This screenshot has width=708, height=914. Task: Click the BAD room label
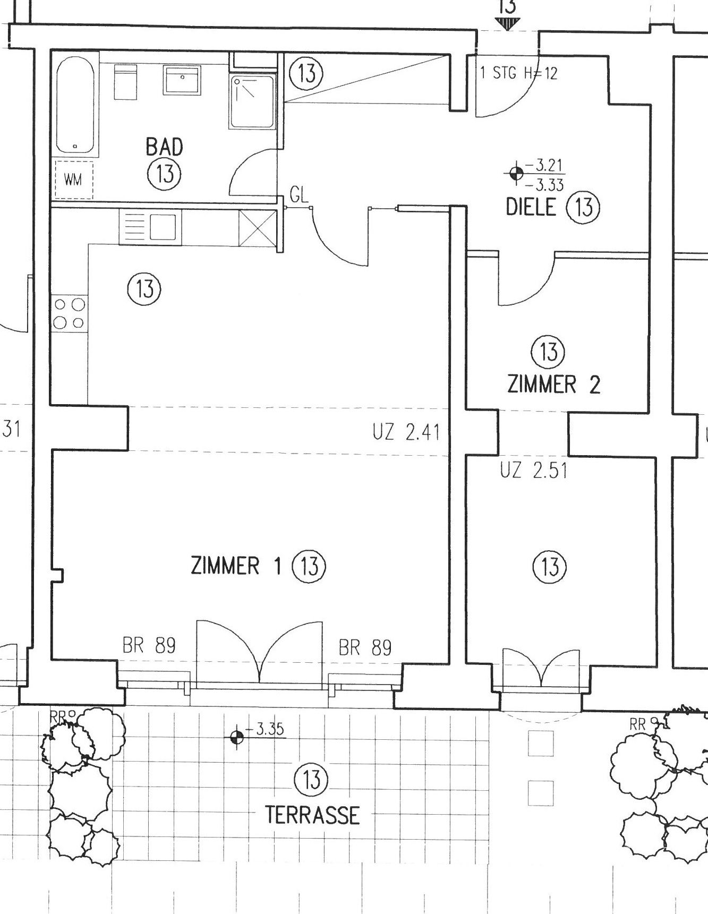click(x=164, y=146)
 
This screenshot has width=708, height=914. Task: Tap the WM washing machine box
click(x=73, y=180)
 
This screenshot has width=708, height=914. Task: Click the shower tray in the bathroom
click(x=252, y=101)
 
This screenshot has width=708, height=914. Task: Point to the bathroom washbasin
click(x=182, y=80)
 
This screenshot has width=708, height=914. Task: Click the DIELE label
click(x=531, y=207)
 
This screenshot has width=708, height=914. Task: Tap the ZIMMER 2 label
click(x=554, y=385)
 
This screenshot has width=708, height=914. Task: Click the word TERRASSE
click(x=312, y=815)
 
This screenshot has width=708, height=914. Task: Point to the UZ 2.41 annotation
click(x=406, y=433)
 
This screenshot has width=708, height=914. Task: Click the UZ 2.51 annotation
click(x=534, y=471)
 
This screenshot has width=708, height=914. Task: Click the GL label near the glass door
click(x=299, y=195)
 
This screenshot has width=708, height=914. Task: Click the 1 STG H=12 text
click(x=518, y=73)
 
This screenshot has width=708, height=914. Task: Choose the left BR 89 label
click(x=149, y=646)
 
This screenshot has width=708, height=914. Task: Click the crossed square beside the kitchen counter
click(x=258, y=228)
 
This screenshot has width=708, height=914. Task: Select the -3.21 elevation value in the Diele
click(x=545, y=166)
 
